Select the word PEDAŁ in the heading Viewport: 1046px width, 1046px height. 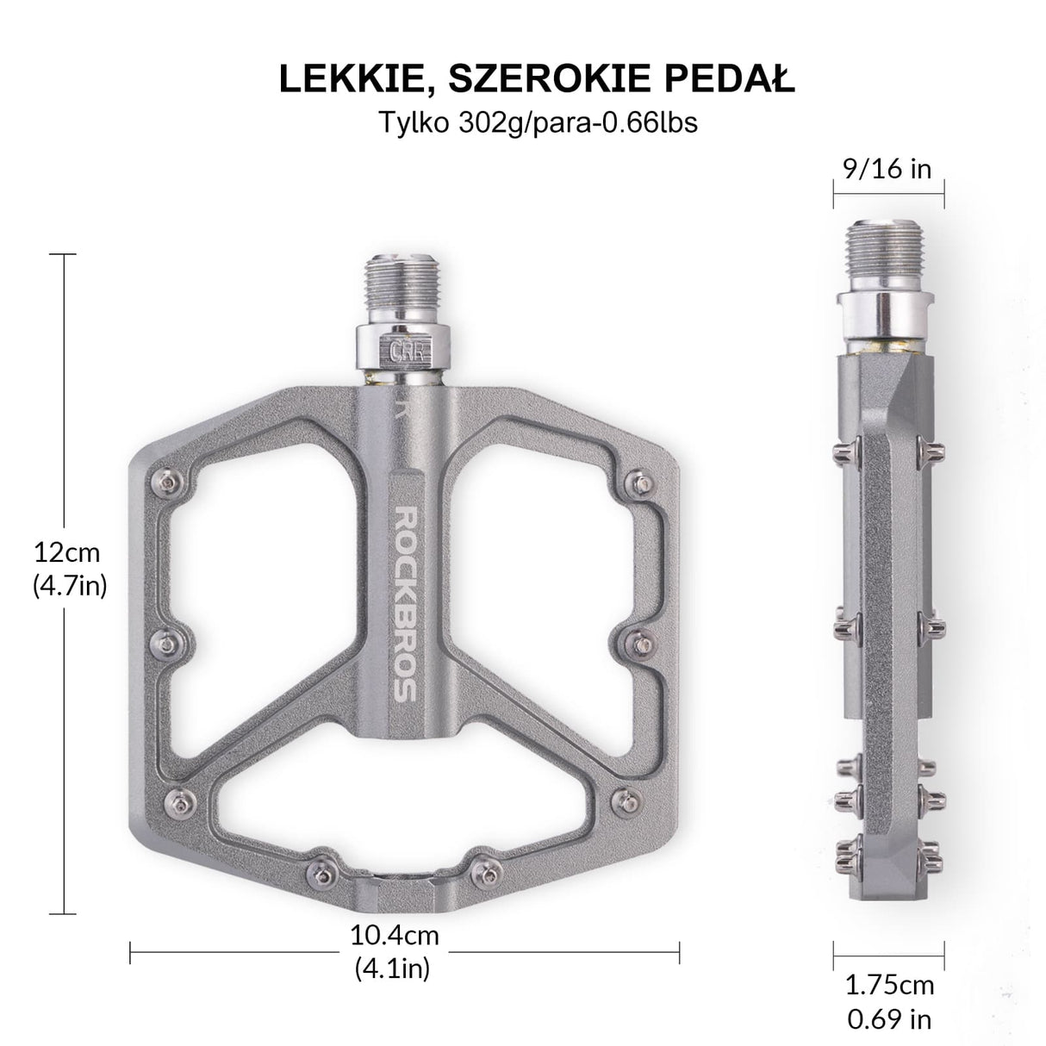(x=722, y=79)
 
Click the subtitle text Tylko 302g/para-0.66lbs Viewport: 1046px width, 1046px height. (x=539, y=123)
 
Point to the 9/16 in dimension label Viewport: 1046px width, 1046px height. (x=887, y=168)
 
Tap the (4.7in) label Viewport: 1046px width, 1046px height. (x=69, y=586)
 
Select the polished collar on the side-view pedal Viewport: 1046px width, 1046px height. (x=889, y=313)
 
